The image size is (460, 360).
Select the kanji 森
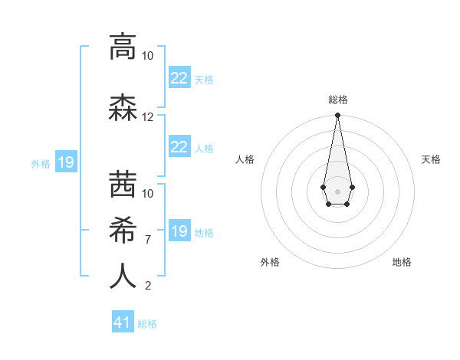pos(123,109)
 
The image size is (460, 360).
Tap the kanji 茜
pos(123,184)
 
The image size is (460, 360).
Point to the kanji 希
pos(123,229)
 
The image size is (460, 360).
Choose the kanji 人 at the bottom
pos(123,277)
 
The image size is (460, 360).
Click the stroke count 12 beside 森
pos(148,117)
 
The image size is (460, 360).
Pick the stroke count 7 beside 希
pos(148,240)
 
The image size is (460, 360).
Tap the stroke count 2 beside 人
pos(148,286)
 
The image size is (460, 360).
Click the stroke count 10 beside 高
pos(148,56)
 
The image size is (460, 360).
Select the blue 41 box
pos(123,322)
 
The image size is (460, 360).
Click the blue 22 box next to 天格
pos(179,78)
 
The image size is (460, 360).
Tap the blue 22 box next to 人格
pos(179,147)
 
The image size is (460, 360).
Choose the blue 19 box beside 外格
pos(65,162)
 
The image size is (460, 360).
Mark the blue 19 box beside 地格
pos(179,231)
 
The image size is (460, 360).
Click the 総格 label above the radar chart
pos(337,100)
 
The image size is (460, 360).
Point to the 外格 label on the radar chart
pos(270,262)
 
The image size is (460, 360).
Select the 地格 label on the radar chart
pos(402,262)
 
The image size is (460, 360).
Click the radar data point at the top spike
pos(337,116)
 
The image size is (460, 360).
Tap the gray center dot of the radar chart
pos(337,191)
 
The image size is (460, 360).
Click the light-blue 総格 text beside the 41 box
pos(147,324)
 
